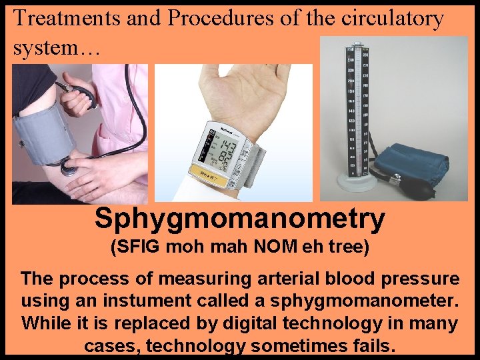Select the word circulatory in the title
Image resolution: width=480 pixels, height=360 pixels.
point(392,19)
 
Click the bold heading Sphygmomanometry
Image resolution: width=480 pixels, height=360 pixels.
point(240,219)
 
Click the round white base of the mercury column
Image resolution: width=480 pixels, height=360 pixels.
point(357,181)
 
